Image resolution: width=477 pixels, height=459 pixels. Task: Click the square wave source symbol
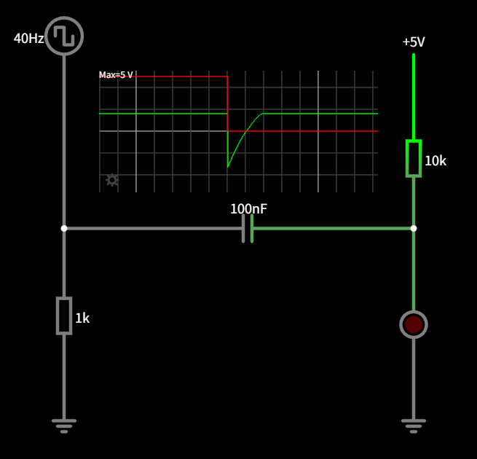[64, 36]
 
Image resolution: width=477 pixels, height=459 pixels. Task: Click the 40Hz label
[29, 39]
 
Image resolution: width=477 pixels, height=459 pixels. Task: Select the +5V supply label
[414, 42]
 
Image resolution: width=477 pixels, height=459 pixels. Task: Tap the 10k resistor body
[414, 158]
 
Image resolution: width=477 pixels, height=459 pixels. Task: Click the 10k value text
[435, 161]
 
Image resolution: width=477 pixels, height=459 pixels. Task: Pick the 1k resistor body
[64, 315]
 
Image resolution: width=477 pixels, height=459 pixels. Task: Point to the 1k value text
[82, 318]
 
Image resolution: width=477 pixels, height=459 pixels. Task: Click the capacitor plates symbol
[248, 228]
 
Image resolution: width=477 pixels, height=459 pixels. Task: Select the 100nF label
[248, 209]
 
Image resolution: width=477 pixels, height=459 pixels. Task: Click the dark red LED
[414, 324]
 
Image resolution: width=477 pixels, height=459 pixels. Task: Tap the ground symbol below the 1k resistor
[64, 425]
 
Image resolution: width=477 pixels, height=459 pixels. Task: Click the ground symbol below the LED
[414, 425]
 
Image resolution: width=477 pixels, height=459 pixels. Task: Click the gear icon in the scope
[112, 180]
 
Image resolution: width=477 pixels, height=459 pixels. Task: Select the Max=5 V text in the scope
[117, 75]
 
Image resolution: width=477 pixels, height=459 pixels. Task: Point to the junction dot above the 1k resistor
[64, 228]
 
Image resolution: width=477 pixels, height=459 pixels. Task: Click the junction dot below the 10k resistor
[414, 228]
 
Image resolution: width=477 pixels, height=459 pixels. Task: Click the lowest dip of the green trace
[228, 166]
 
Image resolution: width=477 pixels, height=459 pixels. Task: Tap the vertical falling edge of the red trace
[228, 102]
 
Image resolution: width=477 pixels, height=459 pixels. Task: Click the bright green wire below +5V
[414, 95]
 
